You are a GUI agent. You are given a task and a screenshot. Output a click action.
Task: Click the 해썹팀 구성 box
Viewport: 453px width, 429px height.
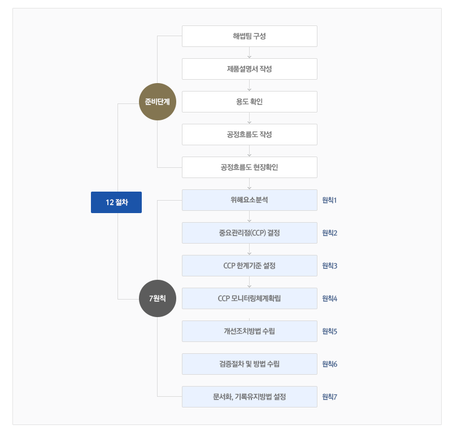(249, 36)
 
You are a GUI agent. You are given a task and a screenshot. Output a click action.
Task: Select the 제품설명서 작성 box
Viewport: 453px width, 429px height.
(249, 69)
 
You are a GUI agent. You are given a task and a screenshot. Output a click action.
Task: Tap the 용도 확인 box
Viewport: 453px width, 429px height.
(249, 102)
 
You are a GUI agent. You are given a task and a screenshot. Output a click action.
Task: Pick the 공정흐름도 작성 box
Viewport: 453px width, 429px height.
(249, 135)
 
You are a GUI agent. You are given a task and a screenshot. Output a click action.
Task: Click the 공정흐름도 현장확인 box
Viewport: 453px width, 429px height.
(249, 167)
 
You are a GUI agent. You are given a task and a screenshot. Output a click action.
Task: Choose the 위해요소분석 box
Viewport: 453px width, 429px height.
(249, 200)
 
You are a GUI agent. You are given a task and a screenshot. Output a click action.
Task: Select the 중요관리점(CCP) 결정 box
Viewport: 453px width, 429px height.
(249, 233)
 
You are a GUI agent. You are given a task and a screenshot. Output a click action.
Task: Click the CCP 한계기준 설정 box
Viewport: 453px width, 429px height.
(249, 266)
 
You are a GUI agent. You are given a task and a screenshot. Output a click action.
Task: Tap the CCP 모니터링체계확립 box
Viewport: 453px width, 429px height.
(249, 298)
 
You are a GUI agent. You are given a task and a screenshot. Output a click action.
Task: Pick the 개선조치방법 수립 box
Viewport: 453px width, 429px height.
(249, 331)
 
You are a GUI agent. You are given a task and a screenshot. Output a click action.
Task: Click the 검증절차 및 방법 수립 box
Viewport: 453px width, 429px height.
(249, 364)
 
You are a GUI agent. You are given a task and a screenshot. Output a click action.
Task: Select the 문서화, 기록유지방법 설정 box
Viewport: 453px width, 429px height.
(249, 397)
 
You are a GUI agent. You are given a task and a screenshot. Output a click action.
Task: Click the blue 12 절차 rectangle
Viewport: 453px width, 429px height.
(116, 202)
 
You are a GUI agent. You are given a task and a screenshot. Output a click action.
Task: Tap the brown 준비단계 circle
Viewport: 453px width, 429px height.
(157, 102)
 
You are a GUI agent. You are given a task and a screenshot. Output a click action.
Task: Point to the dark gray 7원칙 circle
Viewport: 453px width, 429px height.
(157, 298)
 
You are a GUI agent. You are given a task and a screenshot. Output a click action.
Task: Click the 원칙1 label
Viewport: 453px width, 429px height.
(329, 200)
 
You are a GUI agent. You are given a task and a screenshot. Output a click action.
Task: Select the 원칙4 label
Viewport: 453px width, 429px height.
(329, 298)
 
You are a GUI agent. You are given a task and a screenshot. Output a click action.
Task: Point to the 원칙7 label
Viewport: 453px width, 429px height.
(329, 397)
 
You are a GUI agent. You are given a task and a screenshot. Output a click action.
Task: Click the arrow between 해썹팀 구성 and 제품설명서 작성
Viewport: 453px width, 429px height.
(249, 53)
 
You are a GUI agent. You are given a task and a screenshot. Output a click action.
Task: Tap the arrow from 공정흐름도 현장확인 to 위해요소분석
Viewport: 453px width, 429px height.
(249, 184)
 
